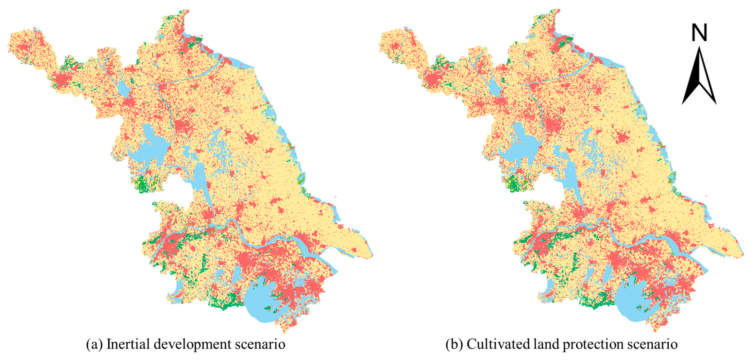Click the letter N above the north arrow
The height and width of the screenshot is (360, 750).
[x=699, y=33]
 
